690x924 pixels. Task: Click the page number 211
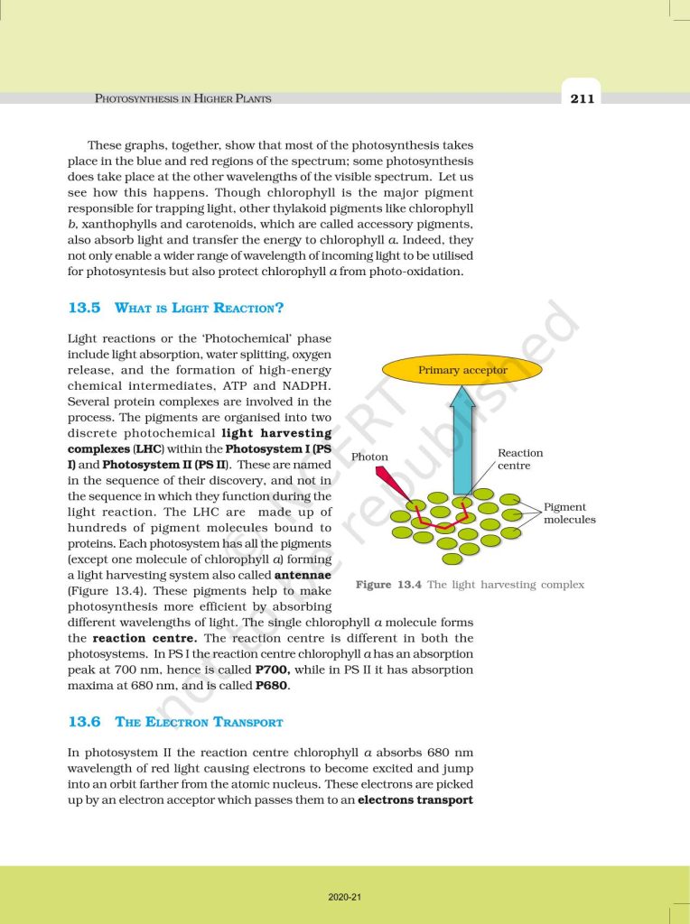[x=583, y=98]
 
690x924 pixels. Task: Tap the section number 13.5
[x=84, y=308]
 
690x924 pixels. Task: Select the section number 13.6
[x=84, y=722]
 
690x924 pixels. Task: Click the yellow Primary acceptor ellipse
[x=462, y=370]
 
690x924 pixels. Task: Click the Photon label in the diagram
[x=369, y=457]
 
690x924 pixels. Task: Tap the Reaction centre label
[x=520, y=459]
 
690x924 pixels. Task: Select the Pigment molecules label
[x=569, y=513]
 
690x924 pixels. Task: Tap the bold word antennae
[x=303, y=576]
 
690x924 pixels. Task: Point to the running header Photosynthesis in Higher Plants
[x=183, y=98]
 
